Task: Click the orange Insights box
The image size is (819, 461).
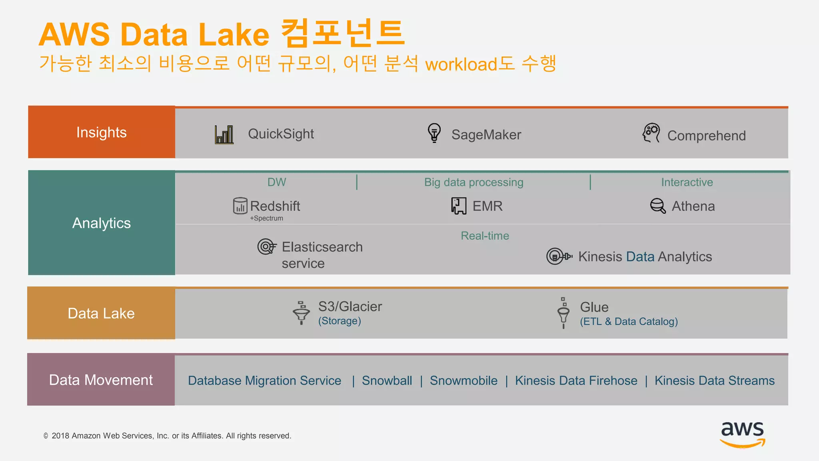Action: point(102,132)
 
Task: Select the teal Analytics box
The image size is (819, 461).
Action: point(102,222)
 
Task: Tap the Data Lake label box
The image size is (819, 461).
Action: point(101,313)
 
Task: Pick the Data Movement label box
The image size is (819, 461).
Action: point(101,379)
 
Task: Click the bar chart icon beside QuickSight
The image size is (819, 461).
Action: point(224,134)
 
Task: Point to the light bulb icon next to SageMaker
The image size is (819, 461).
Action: point(434,133)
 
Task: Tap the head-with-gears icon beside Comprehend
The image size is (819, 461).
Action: point(651,133)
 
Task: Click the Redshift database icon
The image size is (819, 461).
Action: point(240,206)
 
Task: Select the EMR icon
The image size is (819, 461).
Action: point(459,206)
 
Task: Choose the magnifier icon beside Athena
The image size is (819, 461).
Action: point(658,206)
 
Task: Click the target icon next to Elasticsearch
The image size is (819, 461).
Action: point(266,247)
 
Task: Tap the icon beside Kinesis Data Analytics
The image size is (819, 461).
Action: point(558,256)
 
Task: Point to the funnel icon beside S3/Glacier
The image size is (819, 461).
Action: point(302,313)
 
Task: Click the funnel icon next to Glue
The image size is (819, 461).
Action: point(563,313)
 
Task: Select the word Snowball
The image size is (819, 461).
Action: point(387,380)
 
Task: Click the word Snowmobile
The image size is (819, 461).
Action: point(463,380)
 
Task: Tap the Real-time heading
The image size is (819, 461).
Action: point(485,236)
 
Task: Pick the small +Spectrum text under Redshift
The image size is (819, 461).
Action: point(266,218)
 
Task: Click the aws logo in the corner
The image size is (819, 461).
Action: point(742,434)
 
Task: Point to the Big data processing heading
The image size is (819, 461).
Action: point(473,182)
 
